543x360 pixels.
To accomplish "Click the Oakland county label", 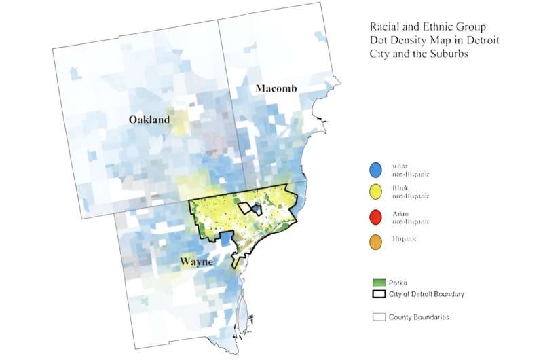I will [150, 120].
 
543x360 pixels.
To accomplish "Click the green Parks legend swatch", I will [379, 281].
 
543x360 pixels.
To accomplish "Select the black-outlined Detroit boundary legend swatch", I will [379, 294].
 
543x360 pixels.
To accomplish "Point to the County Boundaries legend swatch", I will [379, 317].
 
